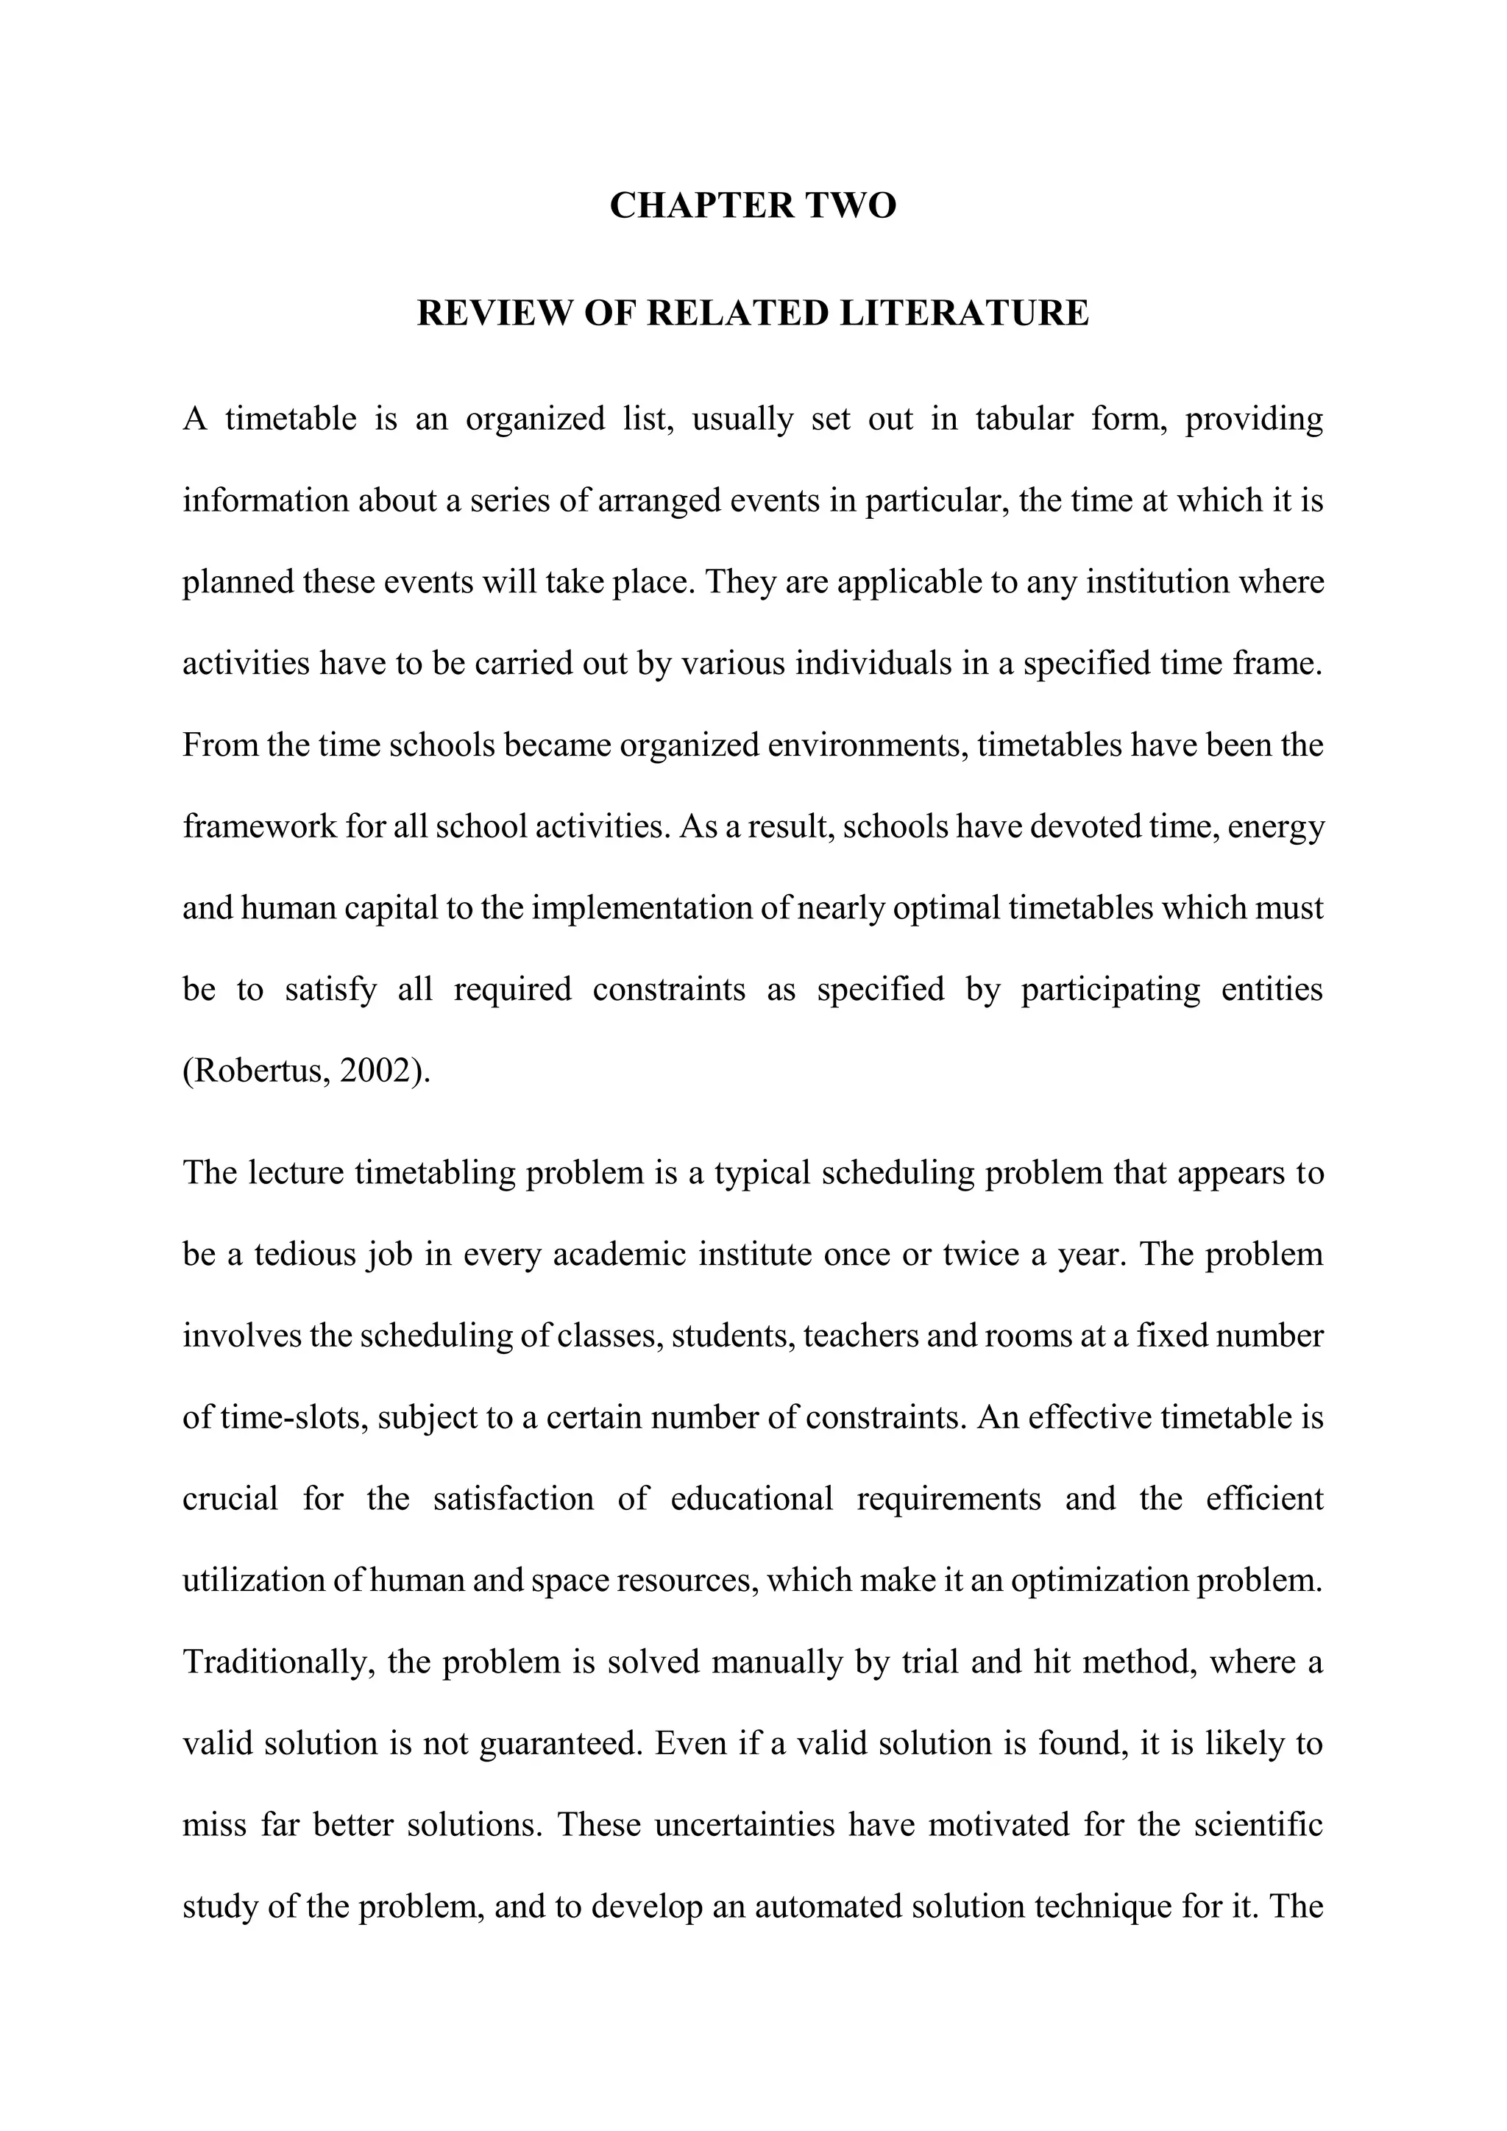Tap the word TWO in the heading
[851, 205]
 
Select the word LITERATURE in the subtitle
[964, 313]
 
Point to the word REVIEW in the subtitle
[495, 313]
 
